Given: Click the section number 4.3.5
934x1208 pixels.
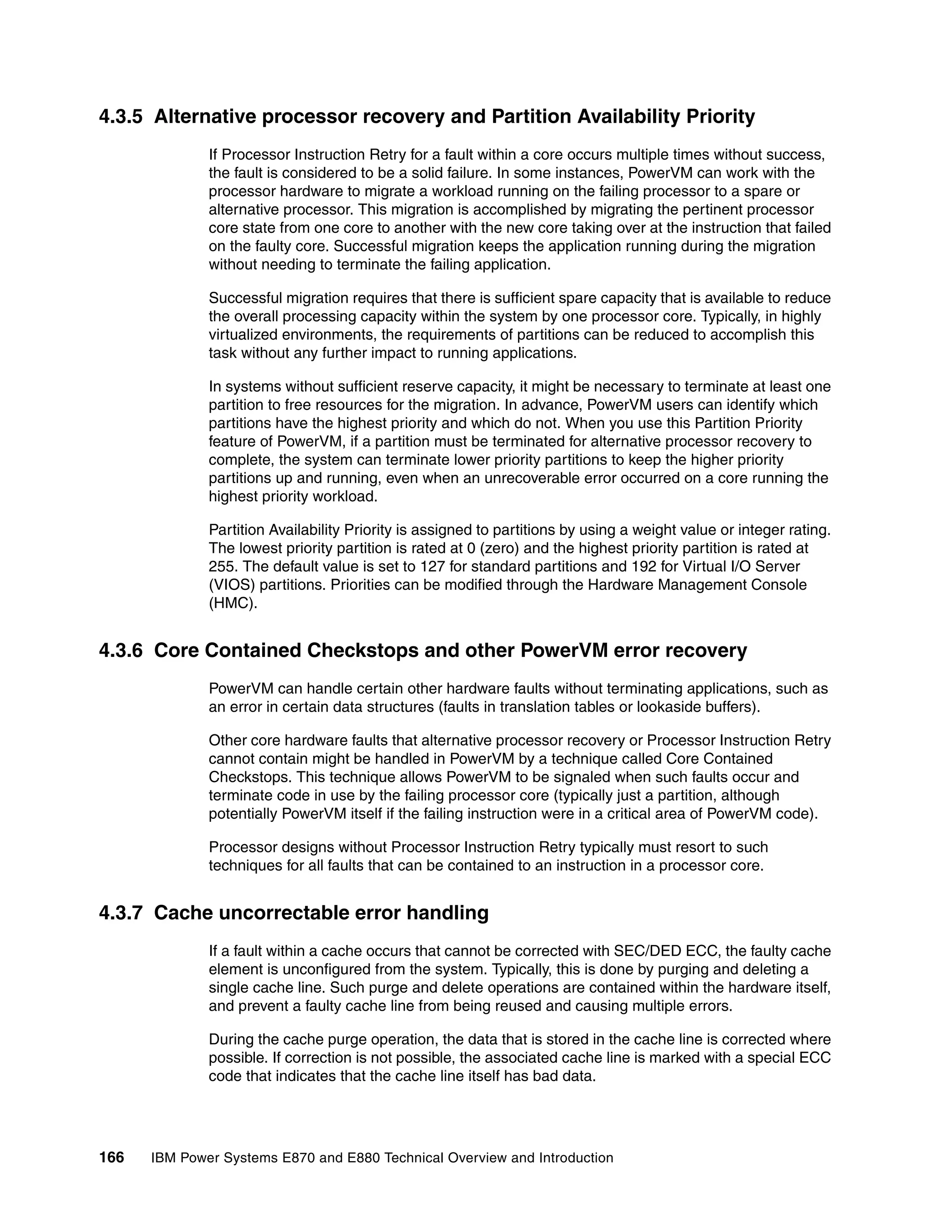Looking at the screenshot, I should coord(120,117).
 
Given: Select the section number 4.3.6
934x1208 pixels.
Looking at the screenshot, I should coord(120,650).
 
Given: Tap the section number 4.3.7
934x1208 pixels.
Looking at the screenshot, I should coord(120,913).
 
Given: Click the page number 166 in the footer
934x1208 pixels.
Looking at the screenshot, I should coord(112,1157).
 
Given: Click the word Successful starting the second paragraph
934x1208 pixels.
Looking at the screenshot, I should coord(244,299).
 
